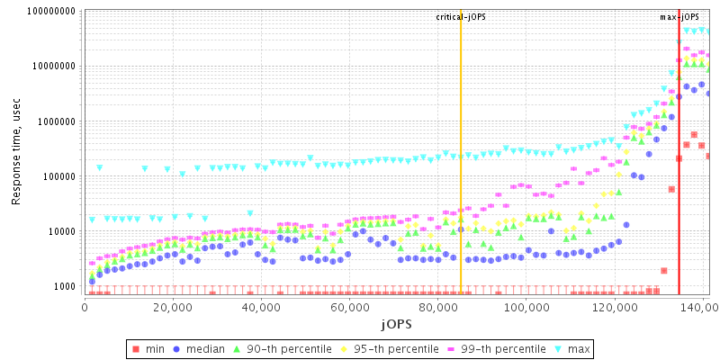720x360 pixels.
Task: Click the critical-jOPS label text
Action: click(461, 17)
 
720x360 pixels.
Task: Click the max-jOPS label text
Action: click(679, 17)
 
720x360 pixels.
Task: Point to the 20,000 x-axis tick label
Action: click(172, 308)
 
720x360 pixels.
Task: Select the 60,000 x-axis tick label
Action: click(348, 308)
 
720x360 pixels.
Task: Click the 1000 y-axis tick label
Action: click(63, 286)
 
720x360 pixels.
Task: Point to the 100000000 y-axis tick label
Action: click(45, 12)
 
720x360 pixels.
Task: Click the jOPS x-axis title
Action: click(397, 324)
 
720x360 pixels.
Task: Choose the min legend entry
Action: click(147, 348)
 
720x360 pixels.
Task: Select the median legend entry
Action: click(200, 348)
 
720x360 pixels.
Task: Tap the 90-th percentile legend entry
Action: click(281, 348)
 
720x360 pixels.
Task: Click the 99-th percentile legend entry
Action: click(493, 348)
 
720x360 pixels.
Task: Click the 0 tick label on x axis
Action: click(85, 308)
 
